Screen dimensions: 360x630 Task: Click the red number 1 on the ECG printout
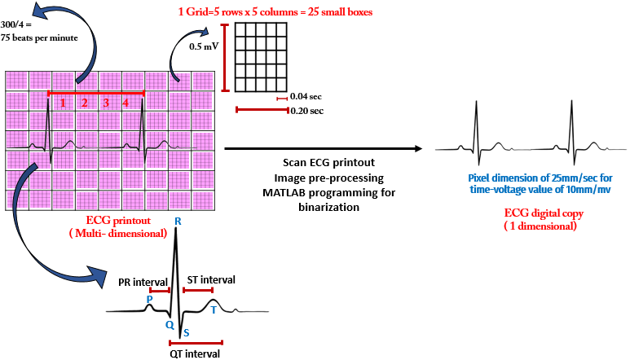pos(62,103)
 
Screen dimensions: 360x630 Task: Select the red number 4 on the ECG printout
pos(126,103)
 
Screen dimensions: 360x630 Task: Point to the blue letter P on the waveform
pos(149,299)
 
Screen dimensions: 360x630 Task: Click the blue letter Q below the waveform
pos(170,323)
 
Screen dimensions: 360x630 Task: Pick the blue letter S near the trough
pos(186,332)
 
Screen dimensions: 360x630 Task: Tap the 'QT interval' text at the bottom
pos(196,353)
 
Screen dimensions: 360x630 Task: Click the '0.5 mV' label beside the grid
pos(204,46)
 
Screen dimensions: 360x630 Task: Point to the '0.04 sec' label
pos(306,97)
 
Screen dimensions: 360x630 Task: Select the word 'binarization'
pos(336,207)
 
